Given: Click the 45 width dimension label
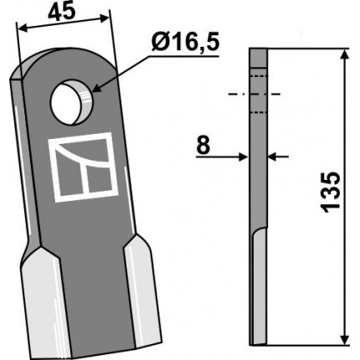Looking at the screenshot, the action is point(61,12).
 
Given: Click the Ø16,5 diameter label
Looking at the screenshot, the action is point(185,43).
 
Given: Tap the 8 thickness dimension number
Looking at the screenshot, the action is point(203,146).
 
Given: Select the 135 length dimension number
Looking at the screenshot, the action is point(332,193).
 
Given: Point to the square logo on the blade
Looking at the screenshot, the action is point(84,167).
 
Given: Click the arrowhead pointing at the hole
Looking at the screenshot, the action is point(95,88).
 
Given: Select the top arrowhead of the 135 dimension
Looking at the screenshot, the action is point(345,54).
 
